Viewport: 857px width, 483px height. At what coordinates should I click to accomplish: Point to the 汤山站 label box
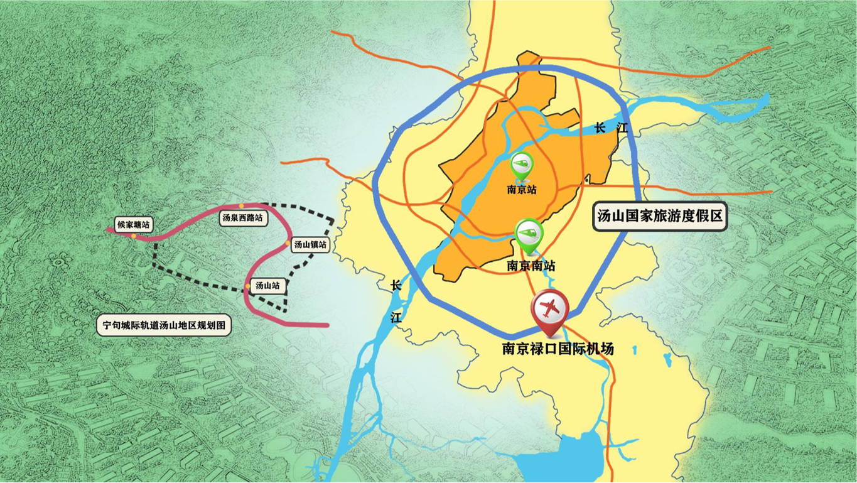[x=268, y=286]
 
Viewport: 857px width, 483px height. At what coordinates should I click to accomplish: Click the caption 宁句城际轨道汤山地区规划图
[x=163, y=326]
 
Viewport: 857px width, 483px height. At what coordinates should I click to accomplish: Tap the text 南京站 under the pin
[x=522, y=189]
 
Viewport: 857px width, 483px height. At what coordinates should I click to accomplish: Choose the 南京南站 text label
[x=531, y=266]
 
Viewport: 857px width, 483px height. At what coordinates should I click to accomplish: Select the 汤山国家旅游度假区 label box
[x=660, y=217]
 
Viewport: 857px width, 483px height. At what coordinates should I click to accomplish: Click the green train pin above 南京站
[x=522, y=165]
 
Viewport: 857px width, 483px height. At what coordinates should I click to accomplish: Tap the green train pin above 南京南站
[x=529, y=232]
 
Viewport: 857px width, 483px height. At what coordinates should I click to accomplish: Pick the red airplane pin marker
[x=549, y=308]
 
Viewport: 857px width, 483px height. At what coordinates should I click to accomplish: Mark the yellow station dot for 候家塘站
[x=134, y=237]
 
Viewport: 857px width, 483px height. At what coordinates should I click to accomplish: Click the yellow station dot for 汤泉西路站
[x=241, y=206]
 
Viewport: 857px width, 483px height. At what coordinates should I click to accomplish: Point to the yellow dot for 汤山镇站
[x=289, y=243]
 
